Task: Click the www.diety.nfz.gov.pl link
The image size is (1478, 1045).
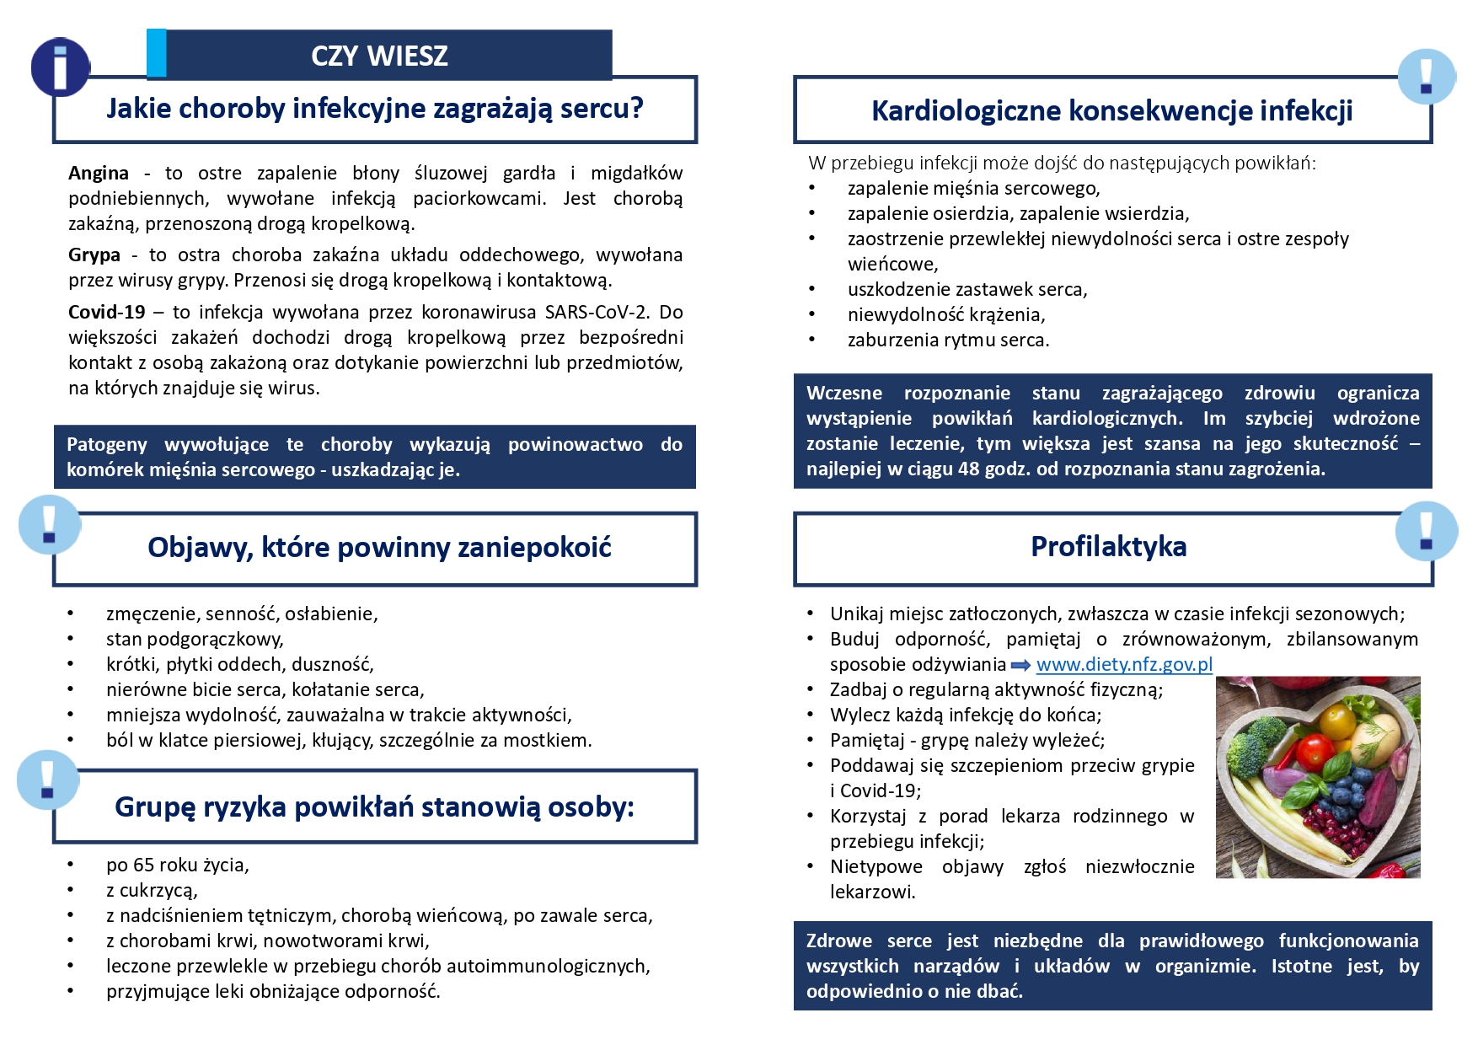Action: click(1124, 664)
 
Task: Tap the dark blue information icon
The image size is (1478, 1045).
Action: click(60, 67)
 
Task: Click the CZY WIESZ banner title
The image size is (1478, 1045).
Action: click(379, 56)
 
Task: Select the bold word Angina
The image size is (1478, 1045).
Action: click(99, 173)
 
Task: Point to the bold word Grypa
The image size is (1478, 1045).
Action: click(94, 255)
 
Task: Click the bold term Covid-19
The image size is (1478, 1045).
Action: click(107, 312)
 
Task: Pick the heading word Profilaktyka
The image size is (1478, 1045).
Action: click(1108, 546)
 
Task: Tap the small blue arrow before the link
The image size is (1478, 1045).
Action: click(1020, 665)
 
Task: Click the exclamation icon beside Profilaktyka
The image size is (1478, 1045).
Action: click(1426, 531)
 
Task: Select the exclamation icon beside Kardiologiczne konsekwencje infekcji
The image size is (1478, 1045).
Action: click(1426, 76)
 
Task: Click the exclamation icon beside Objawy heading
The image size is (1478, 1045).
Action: click(49, 524)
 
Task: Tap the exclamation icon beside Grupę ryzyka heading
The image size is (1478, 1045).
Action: click(47, 780)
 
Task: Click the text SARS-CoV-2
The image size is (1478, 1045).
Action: click(597, 312)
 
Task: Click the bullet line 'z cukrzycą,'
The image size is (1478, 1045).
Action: click(152, 890)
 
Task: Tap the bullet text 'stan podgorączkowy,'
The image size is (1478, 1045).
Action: click(195, 639)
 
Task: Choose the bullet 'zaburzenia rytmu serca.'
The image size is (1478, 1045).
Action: click(948, 340)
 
